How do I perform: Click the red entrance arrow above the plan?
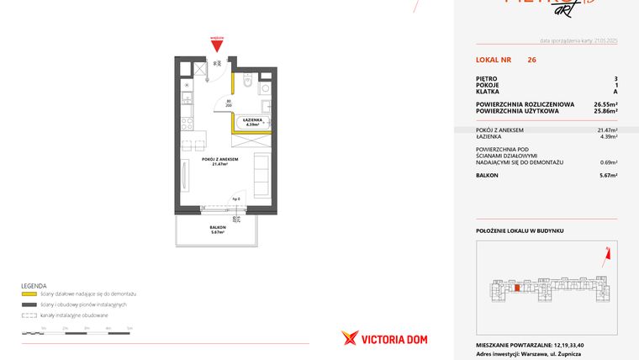(x=217, y=45)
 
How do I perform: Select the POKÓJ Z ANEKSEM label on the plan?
(x=220, y=161)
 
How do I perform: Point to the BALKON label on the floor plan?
(x=218, y=229)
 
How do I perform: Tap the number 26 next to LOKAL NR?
(x=531, y=60)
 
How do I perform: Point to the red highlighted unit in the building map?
(x=515, y=289)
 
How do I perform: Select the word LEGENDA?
(x=34, y=285)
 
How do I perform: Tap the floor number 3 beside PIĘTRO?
(x=615, y=79)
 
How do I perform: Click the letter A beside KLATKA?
(x=615, y=92)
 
